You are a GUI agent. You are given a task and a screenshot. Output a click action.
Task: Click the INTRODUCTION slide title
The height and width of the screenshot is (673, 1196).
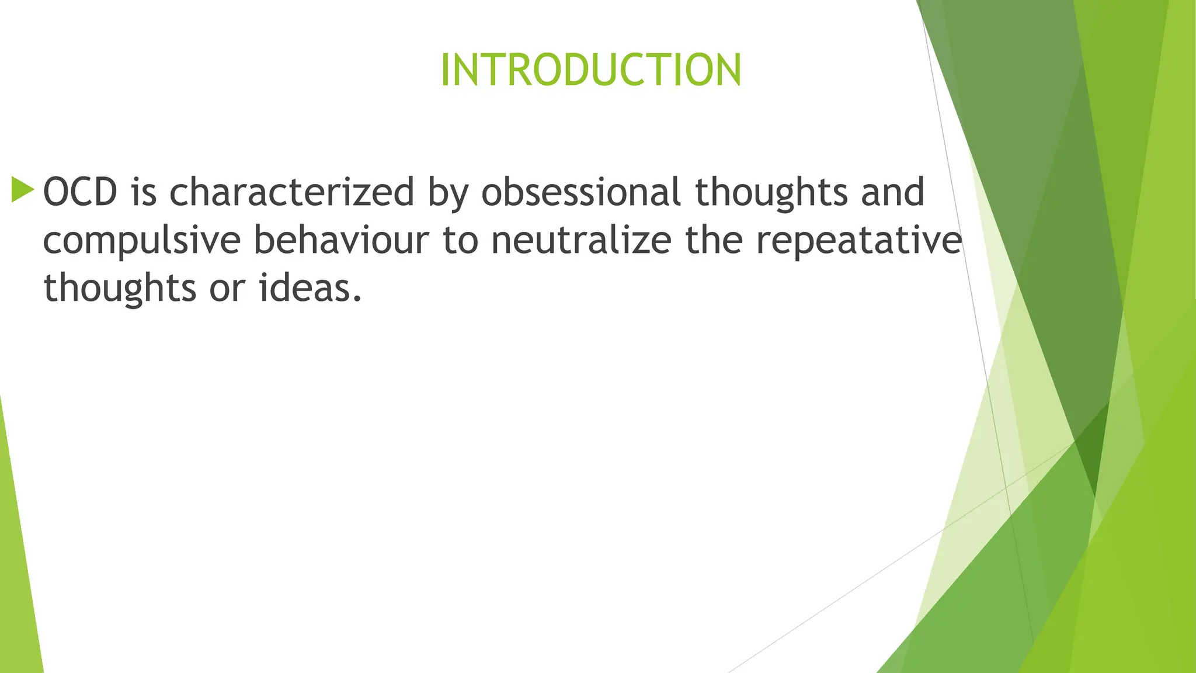pos(590,70)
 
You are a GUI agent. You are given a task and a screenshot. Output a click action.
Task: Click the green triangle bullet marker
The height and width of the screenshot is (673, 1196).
pos(23,190)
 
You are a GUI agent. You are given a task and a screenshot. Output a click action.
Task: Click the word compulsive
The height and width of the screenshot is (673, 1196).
pos(142,241)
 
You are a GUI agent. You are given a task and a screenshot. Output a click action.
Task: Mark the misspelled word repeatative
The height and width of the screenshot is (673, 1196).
pos(858,241)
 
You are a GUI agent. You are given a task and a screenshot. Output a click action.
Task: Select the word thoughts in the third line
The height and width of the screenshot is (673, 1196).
pos(120,289)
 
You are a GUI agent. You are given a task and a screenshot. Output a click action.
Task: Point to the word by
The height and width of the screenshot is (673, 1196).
pos(448,193)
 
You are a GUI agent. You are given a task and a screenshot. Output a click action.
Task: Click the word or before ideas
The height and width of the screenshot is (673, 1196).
pos(227,289)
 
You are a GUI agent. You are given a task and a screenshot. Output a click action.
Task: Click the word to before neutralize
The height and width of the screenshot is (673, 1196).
pos(460,241)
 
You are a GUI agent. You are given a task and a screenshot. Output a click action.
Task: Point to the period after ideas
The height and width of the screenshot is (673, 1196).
pos(357,299)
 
